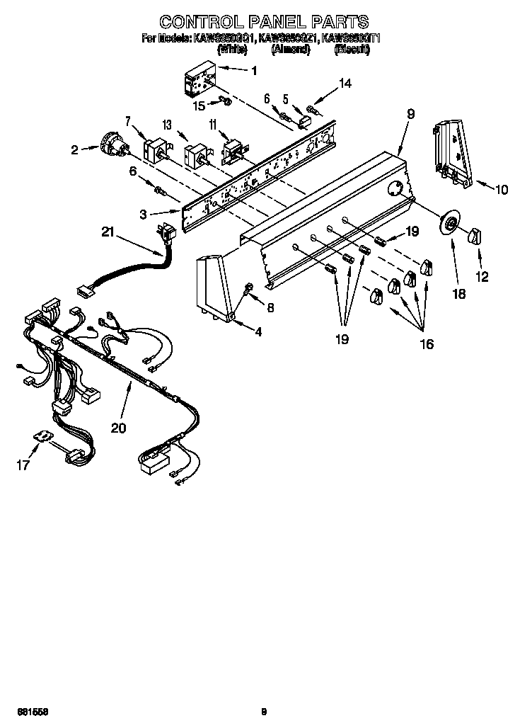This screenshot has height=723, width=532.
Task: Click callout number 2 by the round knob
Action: [x=74, y=149]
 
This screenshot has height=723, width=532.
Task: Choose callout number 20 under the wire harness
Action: [x=119, y=428]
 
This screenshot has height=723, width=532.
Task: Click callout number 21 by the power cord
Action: [x=108, y=232]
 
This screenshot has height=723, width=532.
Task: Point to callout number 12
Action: [x=482, y=277]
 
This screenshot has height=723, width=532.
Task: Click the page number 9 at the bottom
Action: [x=263, y=711]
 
